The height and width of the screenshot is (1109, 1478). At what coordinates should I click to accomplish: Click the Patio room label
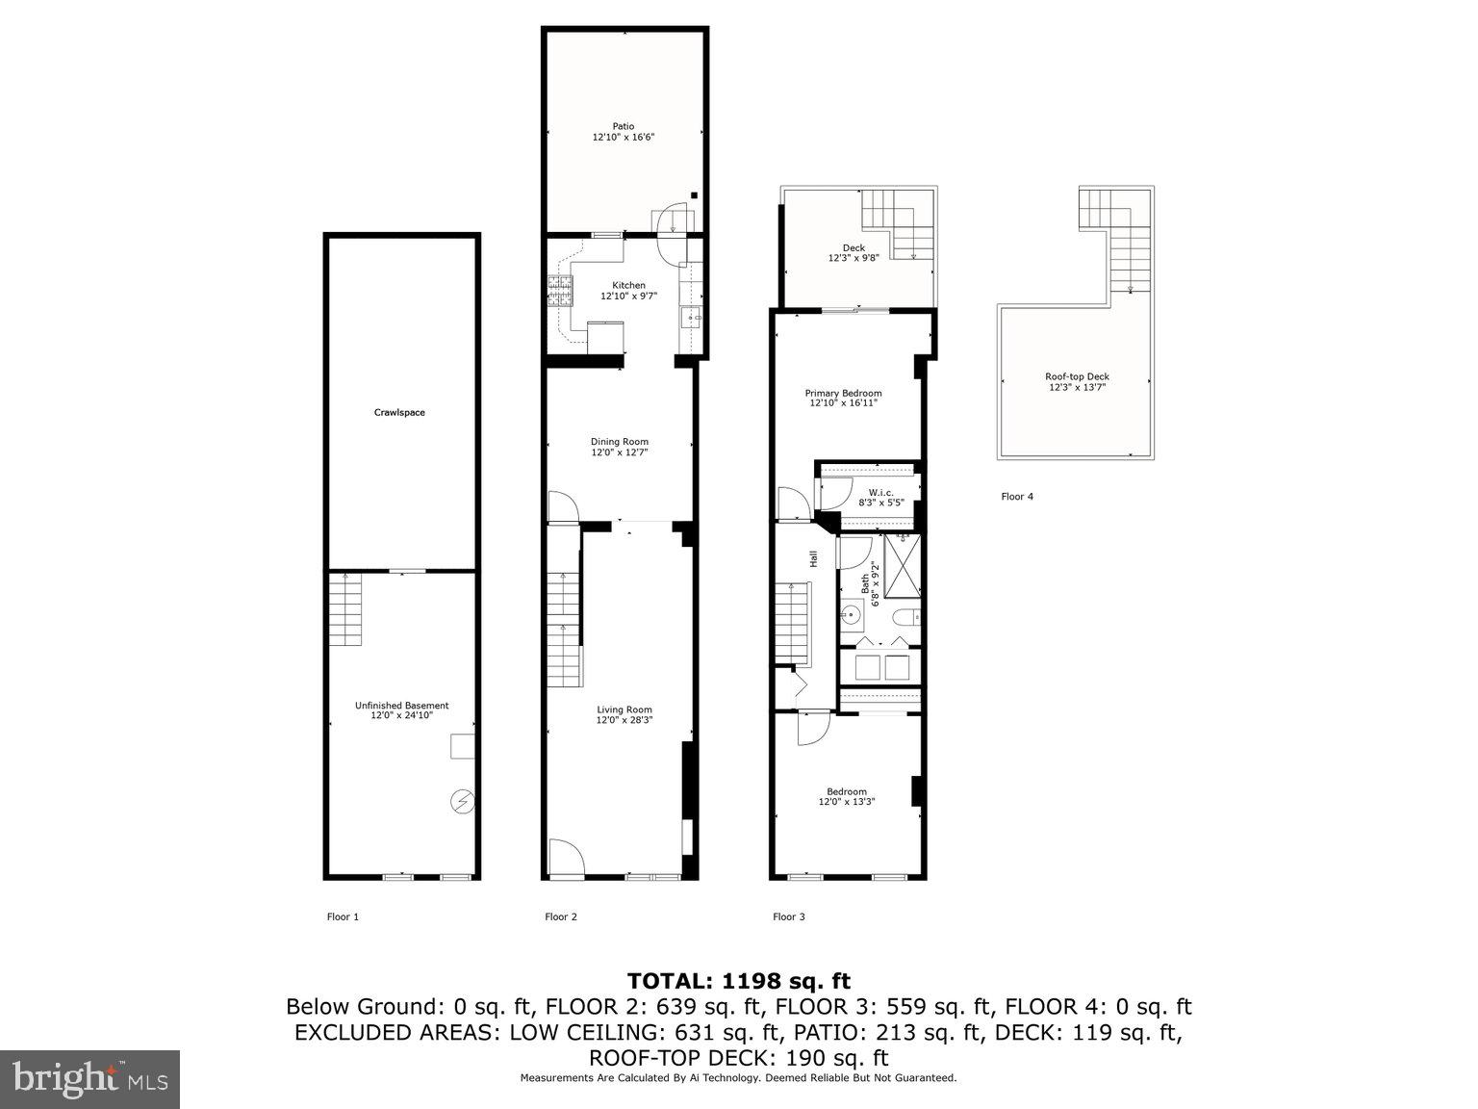(624, 126)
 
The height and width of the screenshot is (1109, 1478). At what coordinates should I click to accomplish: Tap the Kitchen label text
(628, 285)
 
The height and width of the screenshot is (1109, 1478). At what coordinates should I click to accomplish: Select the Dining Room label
(620, 442)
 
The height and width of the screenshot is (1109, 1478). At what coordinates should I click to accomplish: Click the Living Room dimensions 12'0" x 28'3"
(624, 720)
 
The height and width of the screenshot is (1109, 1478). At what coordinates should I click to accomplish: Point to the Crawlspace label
(399, 412)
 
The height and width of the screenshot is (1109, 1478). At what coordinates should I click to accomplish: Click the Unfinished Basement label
(401, 705)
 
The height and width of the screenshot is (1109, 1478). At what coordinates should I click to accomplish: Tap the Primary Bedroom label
(843, 393)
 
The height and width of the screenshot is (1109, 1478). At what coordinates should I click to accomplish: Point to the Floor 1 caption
(343, 916)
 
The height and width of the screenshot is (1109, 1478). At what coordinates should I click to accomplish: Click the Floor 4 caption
(1016, 497)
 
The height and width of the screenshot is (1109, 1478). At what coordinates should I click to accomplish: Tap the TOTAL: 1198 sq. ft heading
(739, 981)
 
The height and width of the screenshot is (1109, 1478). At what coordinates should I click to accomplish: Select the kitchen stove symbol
(559, 291)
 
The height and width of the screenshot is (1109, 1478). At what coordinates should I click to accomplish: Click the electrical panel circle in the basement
(462, 801)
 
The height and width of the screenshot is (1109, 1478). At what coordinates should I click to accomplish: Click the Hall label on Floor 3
(813, 558)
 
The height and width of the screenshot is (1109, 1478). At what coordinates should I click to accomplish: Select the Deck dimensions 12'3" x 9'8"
(853, 259)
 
